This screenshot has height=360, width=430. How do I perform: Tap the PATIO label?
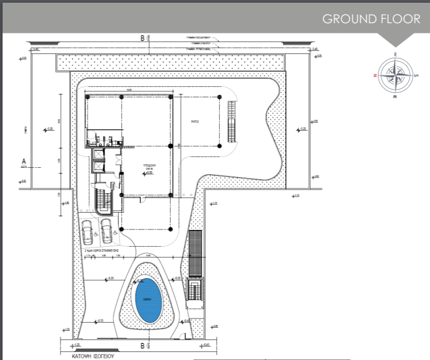click(196, 122)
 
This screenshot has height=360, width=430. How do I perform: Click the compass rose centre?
click(395, 76)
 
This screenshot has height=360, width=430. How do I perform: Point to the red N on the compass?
click(374, 76)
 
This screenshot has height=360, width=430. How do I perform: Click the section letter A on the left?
click(23, 161)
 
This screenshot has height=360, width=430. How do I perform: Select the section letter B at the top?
click(142, 38)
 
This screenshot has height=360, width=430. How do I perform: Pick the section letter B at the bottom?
click(142, 344)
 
